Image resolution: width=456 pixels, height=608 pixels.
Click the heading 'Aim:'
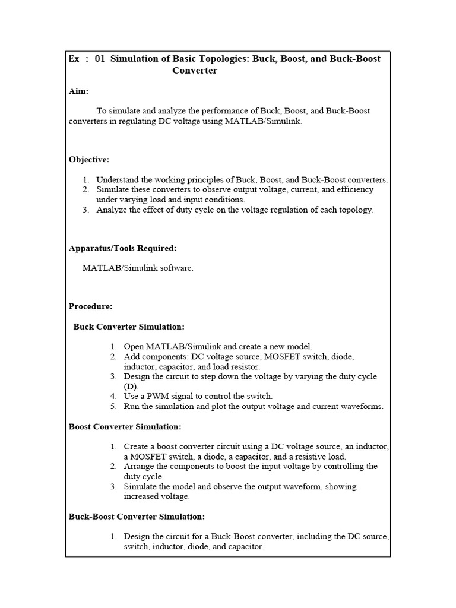[78, 91]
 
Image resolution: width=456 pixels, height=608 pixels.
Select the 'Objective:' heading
[89, 160]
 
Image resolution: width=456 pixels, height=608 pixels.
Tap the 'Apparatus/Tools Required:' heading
[122, 248]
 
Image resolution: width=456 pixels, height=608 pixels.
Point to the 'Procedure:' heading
[90, 306]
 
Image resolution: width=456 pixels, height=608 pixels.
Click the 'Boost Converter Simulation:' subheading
[125, 426]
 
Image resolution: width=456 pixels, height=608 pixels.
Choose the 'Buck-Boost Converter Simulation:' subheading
[137, 517]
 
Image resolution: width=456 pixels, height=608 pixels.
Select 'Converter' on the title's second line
[195, 71]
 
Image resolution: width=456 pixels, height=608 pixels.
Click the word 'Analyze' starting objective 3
[110, 210]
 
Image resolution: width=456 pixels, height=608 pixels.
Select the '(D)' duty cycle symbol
[131, 386]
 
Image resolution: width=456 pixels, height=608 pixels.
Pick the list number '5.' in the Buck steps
[113, 406]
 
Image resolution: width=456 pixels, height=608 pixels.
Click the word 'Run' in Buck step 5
[131, 406]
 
